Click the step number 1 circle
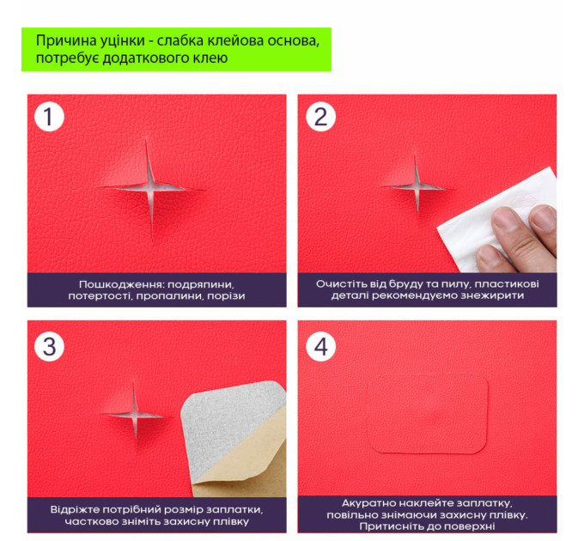(x=49, y=116)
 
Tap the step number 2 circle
(x=320, y=116)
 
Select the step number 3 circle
(x=49, y=346)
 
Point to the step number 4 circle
(x=320, y=346)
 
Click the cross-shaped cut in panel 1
(x=151, y=188)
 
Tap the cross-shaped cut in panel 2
(x=417, y=186)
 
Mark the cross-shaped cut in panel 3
(x=135, y=415)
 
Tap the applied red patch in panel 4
(x=428, y=413)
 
